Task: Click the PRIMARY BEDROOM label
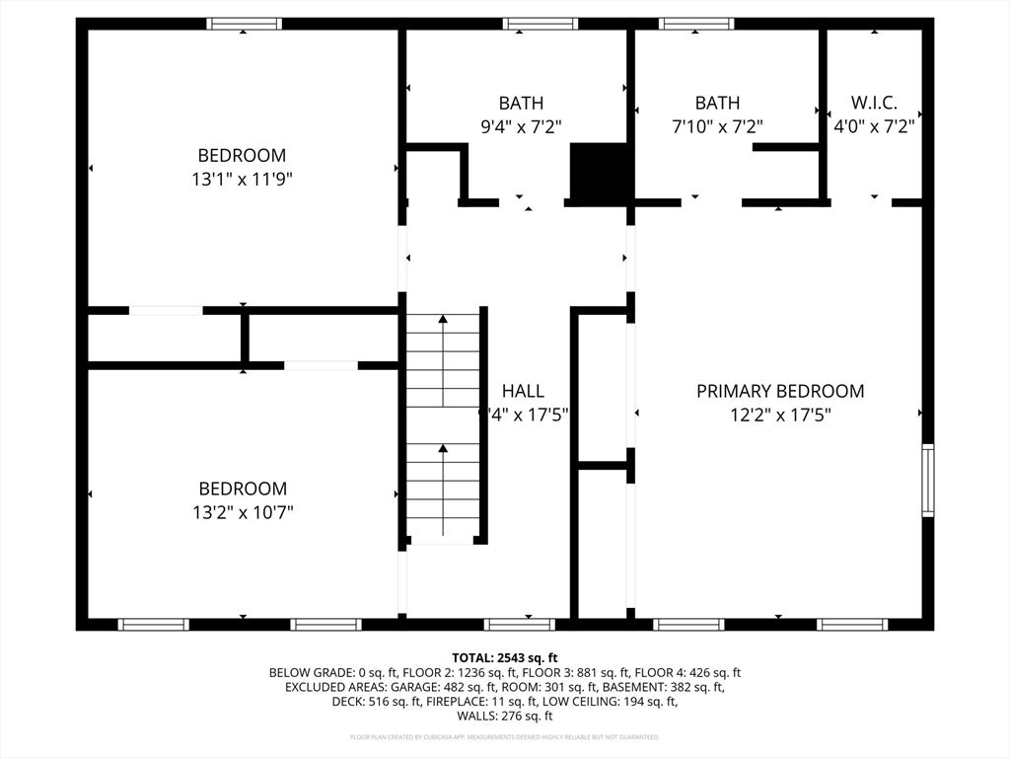(x=779, y=391)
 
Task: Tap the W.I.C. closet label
(x=874, y=103)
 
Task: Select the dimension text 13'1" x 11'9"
(x=242, y=180)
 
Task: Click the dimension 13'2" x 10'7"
(x=242, y=512)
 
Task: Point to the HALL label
(x=522, y=391)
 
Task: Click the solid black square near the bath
(x=601, y=173)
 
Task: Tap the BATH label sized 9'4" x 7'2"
(x=520, y=103)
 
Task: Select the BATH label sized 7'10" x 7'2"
(x=717, y=103)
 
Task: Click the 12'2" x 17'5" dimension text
(x=779, y=416)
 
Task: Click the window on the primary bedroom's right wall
(x=927, y=481)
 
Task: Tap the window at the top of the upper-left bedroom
(x=244, y=24)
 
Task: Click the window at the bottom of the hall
(x=520, y=624)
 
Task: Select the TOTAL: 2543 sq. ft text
(x=505, y=657)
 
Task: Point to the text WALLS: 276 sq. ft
(x=505, y=716)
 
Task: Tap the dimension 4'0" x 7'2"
(x=874, y=126)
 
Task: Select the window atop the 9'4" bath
(x=540, y=24)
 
